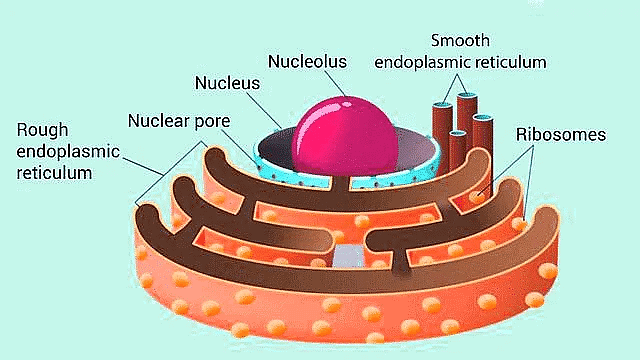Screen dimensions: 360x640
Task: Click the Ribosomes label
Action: [561, 133]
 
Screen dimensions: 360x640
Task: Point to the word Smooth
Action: [459, 40]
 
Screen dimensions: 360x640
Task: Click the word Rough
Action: [42, 130]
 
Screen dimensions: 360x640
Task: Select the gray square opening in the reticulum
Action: [346, 255]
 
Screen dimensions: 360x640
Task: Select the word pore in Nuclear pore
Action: [213, 122]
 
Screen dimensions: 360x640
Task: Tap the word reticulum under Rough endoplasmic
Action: [55, 173]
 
